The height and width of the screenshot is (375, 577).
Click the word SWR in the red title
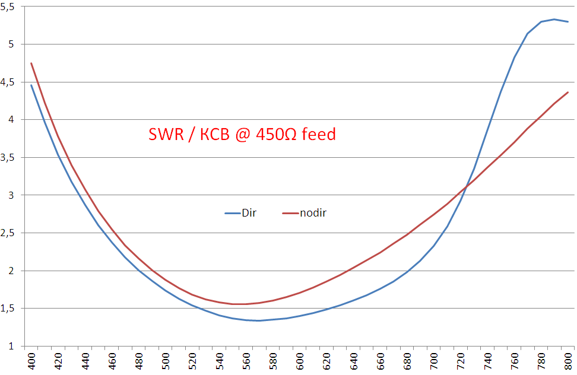click(x=165, y=135)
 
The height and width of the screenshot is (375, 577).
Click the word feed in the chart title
click(x=319, y=135)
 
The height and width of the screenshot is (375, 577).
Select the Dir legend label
click(x=249, y=213)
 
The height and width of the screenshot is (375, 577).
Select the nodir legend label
click(x=313, y=213)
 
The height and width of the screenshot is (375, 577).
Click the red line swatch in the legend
click(x=289, y=213)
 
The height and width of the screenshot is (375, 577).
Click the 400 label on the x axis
click(x=31, y=361)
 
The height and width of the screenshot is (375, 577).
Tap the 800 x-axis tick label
click(x=568, y=361)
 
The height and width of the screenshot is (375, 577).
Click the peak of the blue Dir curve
click(x=554, y=20)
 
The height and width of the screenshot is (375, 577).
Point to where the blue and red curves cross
click(x=467, y=188)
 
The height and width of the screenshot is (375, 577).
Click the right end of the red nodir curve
click(x=568, y=92)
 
